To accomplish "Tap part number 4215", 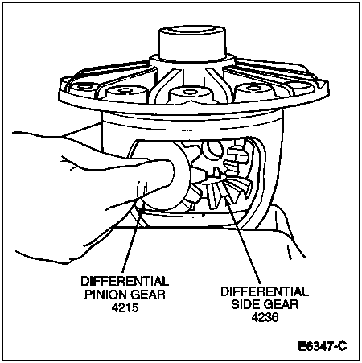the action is point(125,307).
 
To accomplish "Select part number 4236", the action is point(265,317).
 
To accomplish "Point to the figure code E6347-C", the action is point(323,346).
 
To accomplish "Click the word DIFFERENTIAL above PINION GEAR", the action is point(125,281).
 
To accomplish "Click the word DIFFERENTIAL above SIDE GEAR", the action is point(265,291).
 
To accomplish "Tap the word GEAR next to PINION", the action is point(148,295).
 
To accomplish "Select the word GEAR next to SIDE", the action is point(281,304).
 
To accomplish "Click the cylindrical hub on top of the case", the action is point(191,42).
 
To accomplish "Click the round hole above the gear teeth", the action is point(213,149).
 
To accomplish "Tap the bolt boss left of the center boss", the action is point(126,93).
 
